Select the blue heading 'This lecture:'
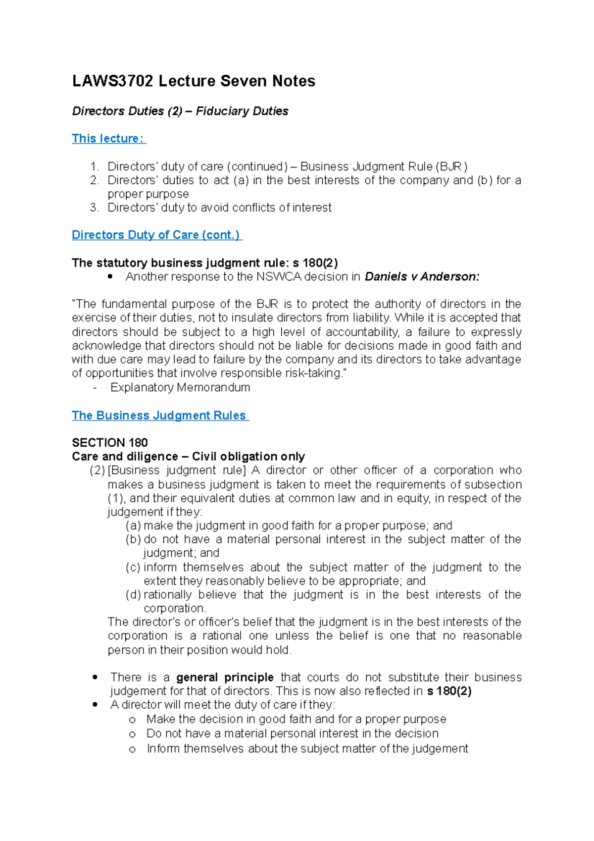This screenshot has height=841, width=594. pyautogui.click(x=108, y=139)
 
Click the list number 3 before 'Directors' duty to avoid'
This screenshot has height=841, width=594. pyautogui.click(x=94, y=208)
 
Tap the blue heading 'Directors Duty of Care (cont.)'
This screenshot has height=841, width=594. pyautogui.click(x=156, y=235)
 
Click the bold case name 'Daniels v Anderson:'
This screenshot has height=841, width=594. pyautogui.click(x=422, y=277)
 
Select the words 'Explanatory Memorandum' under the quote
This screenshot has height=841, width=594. pyautogui.click(x=180, y=387)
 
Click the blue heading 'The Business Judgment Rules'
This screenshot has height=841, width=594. pyautogui.click(x=159, y=416)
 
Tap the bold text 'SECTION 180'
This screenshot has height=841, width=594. pyautogui.click(x=110, y=442)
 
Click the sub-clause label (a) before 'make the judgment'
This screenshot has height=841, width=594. pyautogui.click(x=133, y=526)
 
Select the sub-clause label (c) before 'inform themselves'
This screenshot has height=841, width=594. pyautogui.click(x=133, y=567)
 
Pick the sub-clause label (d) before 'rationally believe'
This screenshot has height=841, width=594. pyautogui.click(x=133, y=595)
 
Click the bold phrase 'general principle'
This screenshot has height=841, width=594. pyautogui.click(x=225, y=678)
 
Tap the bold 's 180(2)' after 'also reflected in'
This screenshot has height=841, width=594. pyautogui.click(x=449, y=691)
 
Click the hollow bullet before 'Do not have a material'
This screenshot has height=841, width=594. pyautogui.click(x=132, y=735)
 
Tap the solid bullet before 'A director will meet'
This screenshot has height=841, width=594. pyautogui.click(x=95, y=705)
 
